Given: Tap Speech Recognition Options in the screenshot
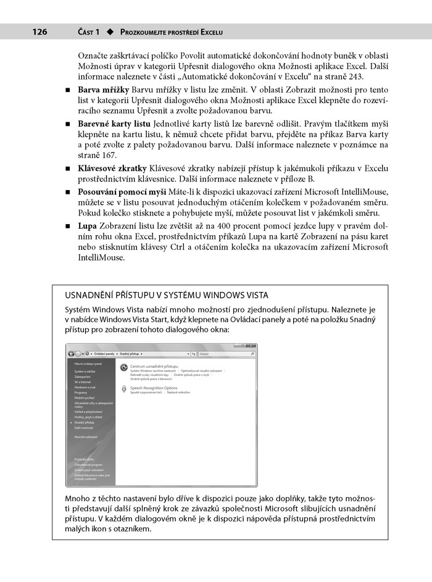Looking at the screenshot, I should [x=153, y=388].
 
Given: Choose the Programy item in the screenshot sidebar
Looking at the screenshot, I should [x=81, y=393].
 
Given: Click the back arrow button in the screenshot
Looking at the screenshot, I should [x=71, y=354].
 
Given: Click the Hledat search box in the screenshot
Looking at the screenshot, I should [x=225, y=354].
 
